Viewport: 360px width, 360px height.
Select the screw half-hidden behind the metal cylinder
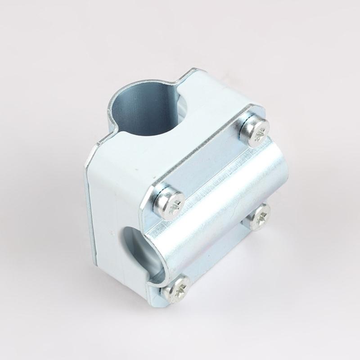[259, 217]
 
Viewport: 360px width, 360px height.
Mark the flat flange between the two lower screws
[220, 256]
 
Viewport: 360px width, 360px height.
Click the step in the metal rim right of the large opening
[180, 81]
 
